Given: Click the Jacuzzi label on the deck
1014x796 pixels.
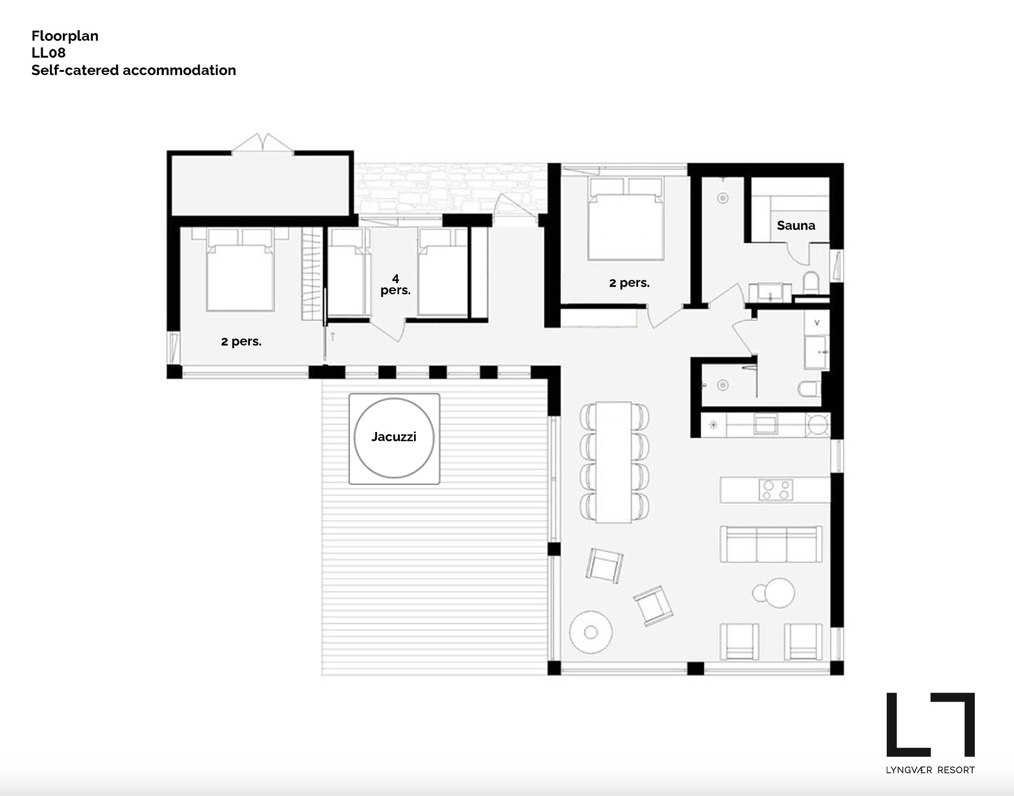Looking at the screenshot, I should coord(393,437).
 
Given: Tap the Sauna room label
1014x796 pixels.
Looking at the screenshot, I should coord(795,226).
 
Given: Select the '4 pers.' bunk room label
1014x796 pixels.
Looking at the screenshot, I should coord(395,285).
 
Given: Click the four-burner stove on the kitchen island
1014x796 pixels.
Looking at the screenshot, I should coord(775,490).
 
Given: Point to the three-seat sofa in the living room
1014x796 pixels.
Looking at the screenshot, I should coord(771,544).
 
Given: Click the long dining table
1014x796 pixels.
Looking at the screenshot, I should coord(614,462).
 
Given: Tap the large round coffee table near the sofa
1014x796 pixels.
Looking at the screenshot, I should coord(779,593).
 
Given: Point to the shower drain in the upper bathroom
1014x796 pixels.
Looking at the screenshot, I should coord(723,198).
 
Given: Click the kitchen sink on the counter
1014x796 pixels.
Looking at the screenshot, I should coord(765,424).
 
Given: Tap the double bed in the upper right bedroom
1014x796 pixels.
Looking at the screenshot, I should coord(626,224).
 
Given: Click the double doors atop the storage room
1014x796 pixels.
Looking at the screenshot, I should coord(262,143).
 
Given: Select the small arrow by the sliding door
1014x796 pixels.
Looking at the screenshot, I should coord(333,336).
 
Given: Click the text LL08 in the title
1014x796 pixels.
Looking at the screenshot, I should coord(49,53).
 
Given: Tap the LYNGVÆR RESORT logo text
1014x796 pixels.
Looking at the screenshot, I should coord(930,770).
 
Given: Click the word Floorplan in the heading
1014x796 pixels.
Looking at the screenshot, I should coord(65,36).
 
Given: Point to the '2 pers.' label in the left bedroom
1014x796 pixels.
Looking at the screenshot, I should coord(241,342).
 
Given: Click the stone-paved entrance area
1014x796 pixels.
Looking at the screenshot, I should coord(449,188).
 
